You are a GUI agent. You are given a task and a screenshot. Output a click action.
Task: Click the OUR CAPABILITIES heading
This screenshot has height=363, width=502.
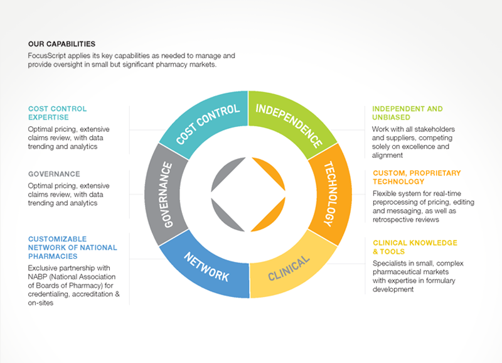(x=61, y=45)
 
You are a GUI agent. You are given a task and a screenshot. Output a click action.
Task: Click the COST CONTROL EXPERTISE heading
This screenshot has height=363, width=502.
(x=58, y=113)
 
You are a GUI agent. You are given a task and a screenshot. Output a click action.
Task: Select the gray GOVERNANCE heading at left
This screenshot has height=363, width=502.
(x=54, y=174)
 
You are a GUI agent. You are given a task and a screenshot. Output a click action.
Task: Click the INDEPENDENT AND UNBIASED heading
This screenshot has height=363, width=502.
(x=407, y=113)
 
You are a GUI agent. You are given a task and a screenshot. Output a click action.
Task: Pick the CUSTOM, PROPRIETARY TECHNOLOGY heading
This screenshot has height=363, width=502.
(x=417, y=177)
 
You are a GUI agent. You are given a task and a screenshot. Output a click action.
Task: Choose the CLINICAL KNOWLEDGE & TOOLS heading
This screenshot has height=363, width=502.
(x=415, y=247)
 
